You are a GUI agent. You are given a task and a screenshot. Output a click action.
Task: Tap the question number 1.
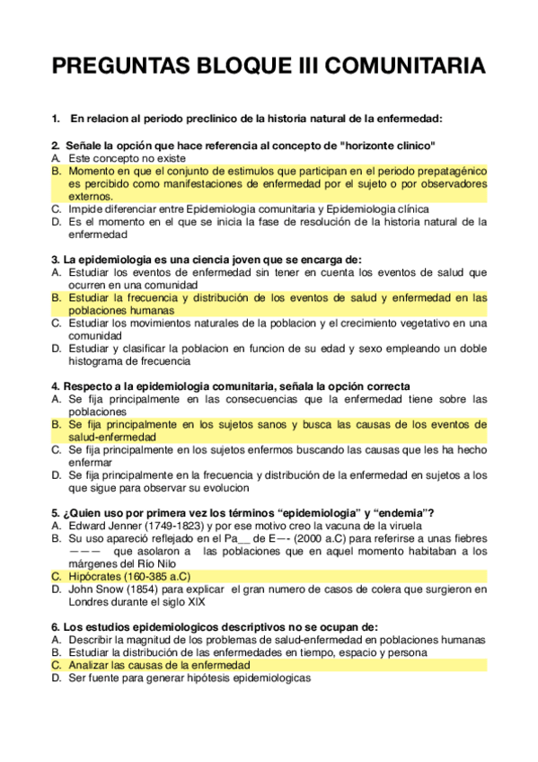[56, 118]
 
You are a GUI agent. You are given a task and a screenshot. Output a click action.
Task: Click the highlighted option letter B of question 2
[56, 170]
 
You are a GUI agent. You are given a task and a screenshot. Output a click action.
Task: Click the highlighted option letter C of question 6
[56, 665]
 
